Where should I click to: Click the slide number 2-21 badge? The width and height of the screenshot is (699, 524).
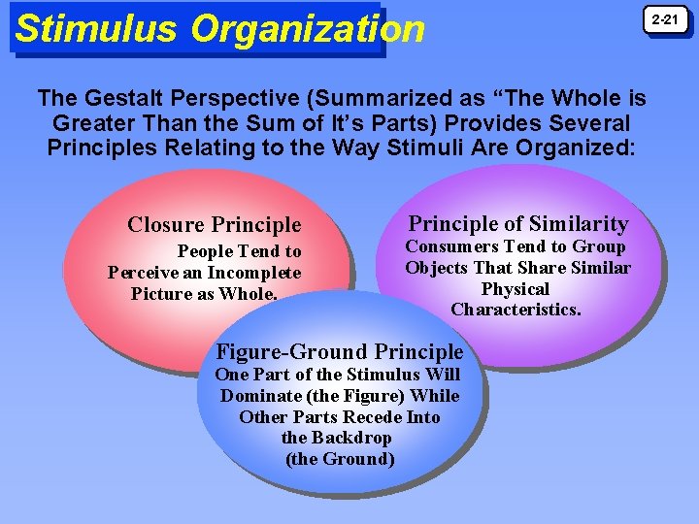click(665, 19)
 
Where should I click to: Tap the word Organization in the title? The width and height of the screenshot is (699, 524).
click(308, 30)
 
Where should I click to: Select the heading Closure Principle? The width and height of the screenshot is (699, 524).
click(215, 225)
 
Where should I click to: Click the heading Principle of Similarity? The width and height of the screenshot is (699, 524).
click(518, 223)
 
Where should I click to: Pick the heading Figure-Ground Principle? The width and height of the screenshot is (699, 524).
click(340, 351)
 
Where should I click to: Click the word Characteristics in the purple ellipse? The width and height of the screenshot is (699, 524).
click(516, 311)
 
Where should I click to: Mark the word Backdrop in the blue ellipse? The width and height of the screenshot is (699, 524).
click(350, 438)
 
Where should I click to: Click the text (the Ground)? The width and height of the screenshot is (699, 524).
click(340, 459)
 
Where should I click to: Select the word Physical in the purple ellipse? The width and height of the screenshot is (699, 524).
click(516, 289)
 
